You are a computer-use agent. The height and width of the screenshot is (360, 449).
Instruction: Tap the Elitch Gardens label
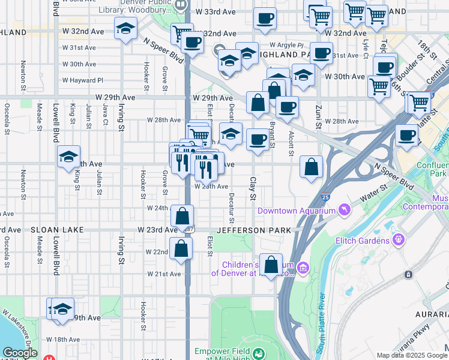point(363,241)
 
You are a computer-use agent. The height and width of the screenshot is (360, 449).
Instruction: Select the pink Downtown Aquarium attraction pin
point(344,209)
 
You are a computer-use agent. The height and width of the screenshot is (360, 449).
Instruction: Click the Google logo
point(20,353)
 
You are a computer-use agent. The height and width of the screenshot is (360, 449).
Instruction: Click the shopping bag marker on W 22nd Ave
point(181,248)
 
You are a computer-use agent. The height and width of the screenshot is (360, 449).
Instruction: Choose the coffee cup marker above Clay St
point(258,140)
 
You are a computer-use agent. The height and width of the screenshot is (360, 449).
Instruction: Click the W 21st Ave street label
point(165,274)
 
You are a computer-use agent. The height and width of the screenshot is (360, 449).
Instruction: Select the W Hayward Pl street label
point(82,80)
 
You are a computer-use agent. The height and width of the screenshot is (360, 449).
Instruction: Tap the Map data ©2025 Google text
point(411,355)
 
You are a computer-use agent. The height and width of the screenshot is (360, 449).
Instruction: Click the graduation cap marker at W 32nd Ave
point(126,28)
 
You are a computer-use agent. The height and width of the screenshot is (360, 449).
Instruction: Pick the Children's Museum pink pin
point(303,267)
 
